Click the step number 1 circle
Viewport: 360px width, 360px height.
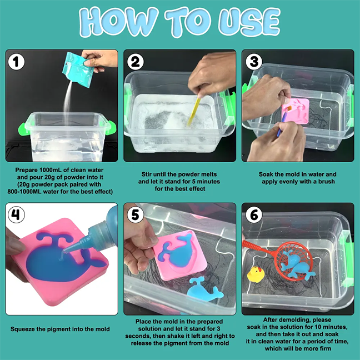(16, 62)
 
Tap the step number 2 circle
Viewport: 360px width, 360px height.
(135, 62)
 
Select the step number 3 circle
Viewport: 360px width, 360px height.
(254, 62)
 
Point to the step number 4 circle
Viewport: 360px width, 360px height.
(16, 214)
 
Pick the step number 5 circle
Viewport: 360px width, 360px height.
(135, 214)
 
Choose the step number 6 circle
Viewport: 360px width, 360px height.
(254, 214)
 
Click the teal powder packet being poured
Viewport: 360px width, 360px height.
(78, 69)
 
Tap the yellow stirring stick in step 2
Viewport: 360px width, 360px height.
(194, 111)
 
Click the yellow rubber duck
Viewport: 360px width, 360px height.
(256, 274)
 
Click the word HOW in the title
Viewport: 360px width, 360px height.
(119, 22)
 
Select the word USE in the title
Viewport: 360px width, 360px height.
(249, 22)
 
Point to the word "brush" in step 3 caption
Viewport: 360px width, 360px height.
(326, 181)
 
